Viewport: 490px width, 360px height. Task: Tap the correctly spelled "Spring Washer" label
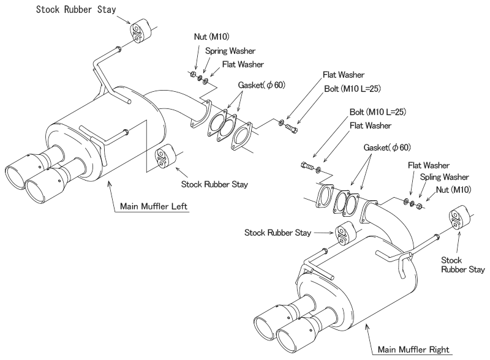[230, 52]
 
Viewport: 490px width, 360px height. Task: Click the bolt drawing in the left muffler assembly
[292, 127]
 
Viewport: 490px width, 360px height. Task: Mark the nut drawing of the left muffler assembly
[190, 75]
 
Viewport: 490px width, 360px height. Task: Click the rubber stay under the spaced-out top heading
[137, 32]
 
